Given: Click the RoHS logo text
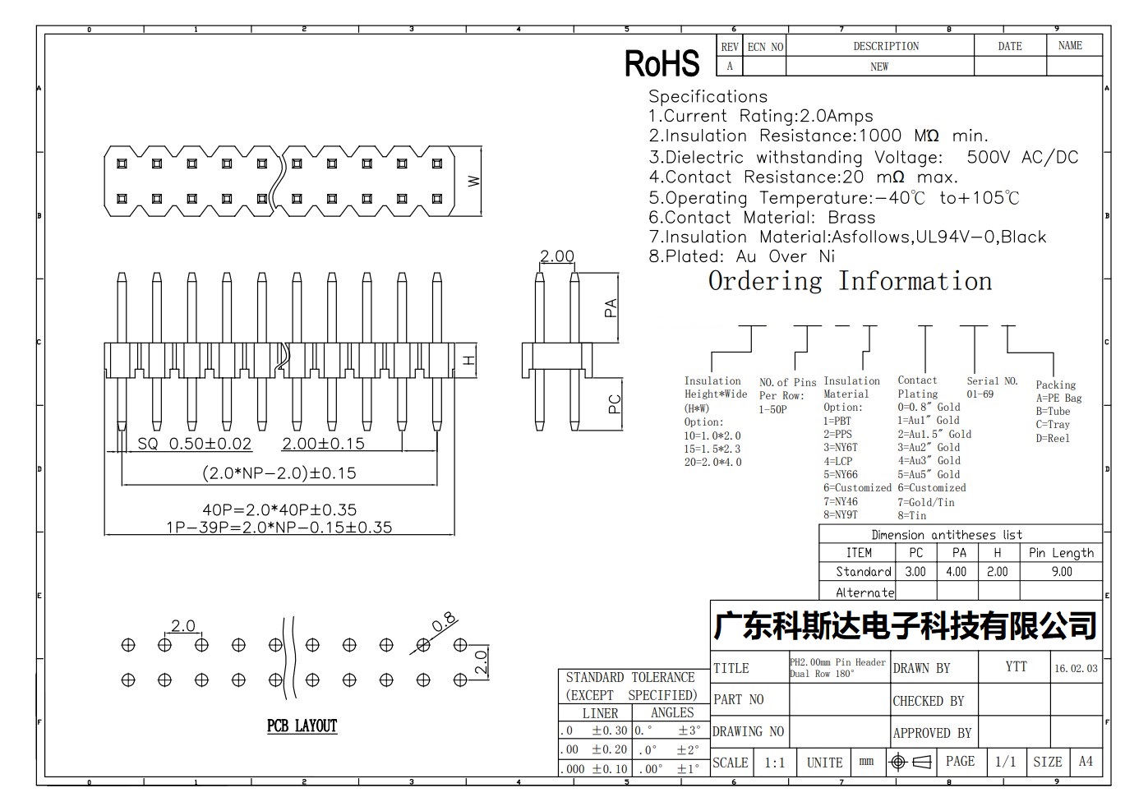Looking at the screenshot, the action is pyautogui.click(x=662, y=63).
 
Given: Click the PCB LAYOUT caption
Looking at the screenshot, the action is pyautogui.click(x=302, y=726).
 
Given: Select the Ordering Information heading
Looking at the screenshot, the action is pyautogui.click(x=851, y=281).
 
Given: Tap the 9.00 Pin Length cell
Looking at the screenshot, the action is pyautogui.click(x=1062, y=572).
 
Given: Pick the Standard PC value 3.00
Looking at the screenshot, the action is pyautogui.click(x=915, y=572).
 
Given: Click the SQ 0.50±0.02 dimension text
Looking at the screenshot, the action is pyautogui.click(x=195, y=444).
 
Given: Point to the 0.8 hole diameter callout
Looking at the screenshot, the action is pyautogui.click(x=444, y=622).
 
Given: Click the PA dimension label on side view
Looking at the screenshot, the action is pyautogui.click(x=611, y=308).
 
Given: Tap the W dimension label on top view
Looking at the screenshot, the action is pyautogui.click(x=474, y=181).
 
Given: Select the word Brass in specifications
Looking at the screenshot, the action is pyautogui.click(x=852, y=217).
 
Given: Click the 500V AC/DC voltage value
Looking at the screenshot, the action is pyautogui.click(x=1022, y=157).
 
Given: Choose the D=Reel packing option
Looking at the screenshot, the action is pyautogui.click(x=1053, y=438).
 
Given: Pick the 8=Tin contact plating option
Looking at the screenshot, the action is pyautogui.click(x=911, y=515).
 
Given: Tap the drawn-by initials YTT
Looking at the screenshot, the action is pyautogui.click(x=1016, y=666).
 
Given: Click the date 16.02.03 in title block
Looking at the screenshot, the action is pyautogui.click(x=1076, y=668).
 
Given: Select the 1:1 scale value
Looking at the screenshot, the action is pyautogui.click(x=774, y=763).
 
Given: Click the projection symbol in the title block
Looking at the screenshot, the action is pyautogui.click(x=911, y=763).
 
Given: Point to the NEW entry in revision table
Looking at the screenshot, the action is pyautogui.click(x=879, y=67).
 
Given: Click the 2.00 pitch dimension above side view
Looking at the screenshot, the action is pyautogui.click(x=557, y=256).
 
